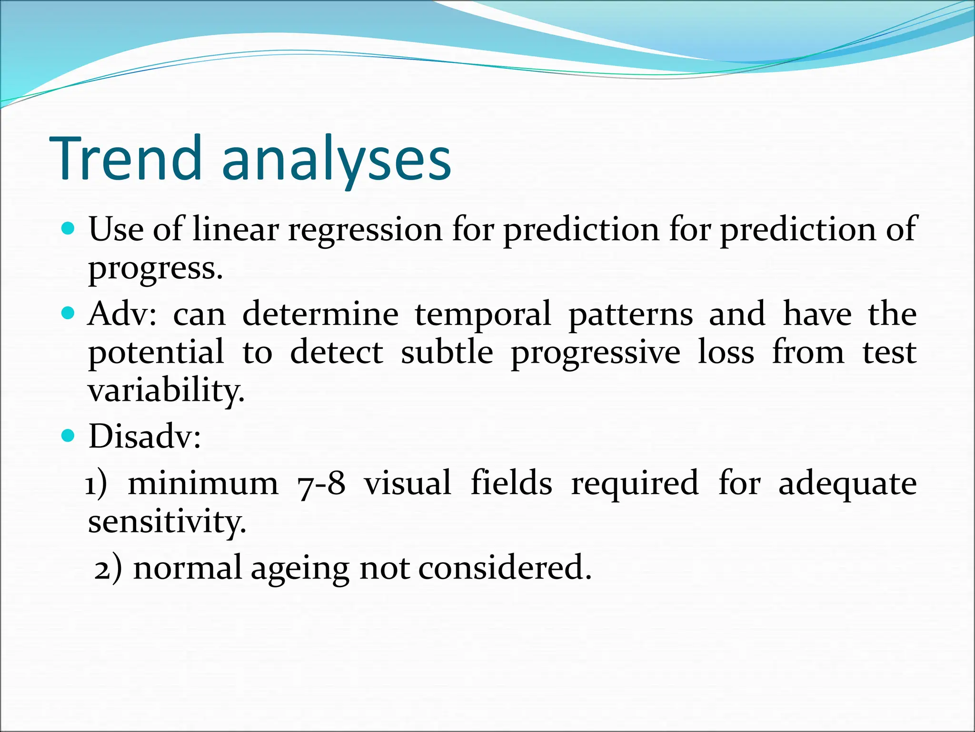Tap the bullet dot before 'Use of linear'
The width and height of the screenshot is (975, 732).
[x=69, y=229]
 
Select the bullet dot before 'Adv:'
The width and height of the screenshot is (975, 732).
[x=69, y=314]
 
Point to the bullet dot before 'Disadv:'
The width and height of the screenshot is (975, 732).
[x=69, y=436]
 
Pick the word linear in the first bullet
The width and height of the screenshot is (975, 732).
[x=235, y=229]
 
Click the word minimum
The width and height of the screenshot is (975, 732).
[x=203, y=483]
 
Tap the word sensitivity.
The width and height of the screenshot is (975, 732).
[x=167, y=522]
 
